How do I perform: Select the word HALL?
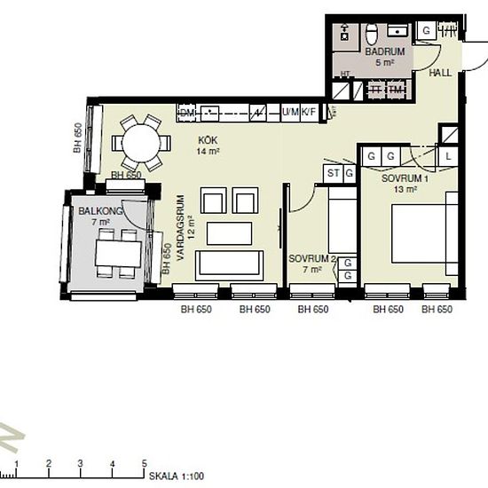point(440,74)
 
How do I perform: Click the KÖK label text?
point(208,141)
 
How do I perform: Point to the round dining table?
point(142,141)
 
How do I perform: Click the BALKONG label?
point(96,211)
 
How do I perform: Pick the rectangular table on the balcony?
point(118,254)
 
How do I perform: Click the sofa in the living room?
point(229,264)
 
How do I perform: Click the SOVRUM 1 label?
point(405,178)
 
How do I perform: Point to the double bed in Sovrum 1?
point(423,233)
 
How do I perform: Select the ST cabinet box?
point(334,173)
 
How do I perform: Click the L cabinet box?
point(450,156)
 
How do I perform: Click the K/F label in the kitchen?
point(309,112)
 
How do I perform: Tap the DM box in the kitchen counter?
point(187,113)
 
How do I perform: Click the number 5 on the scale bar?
point(144,463)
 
